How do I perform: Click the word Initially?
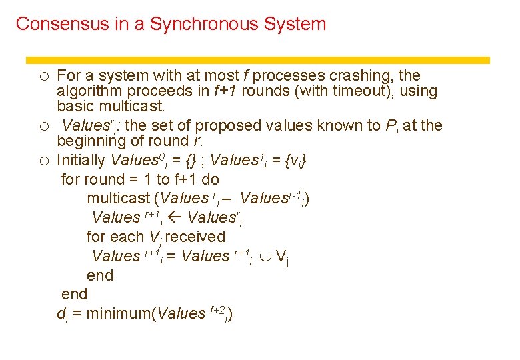(x=81, y=161)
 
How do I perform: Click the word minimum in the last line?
(x=119, y=313)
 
